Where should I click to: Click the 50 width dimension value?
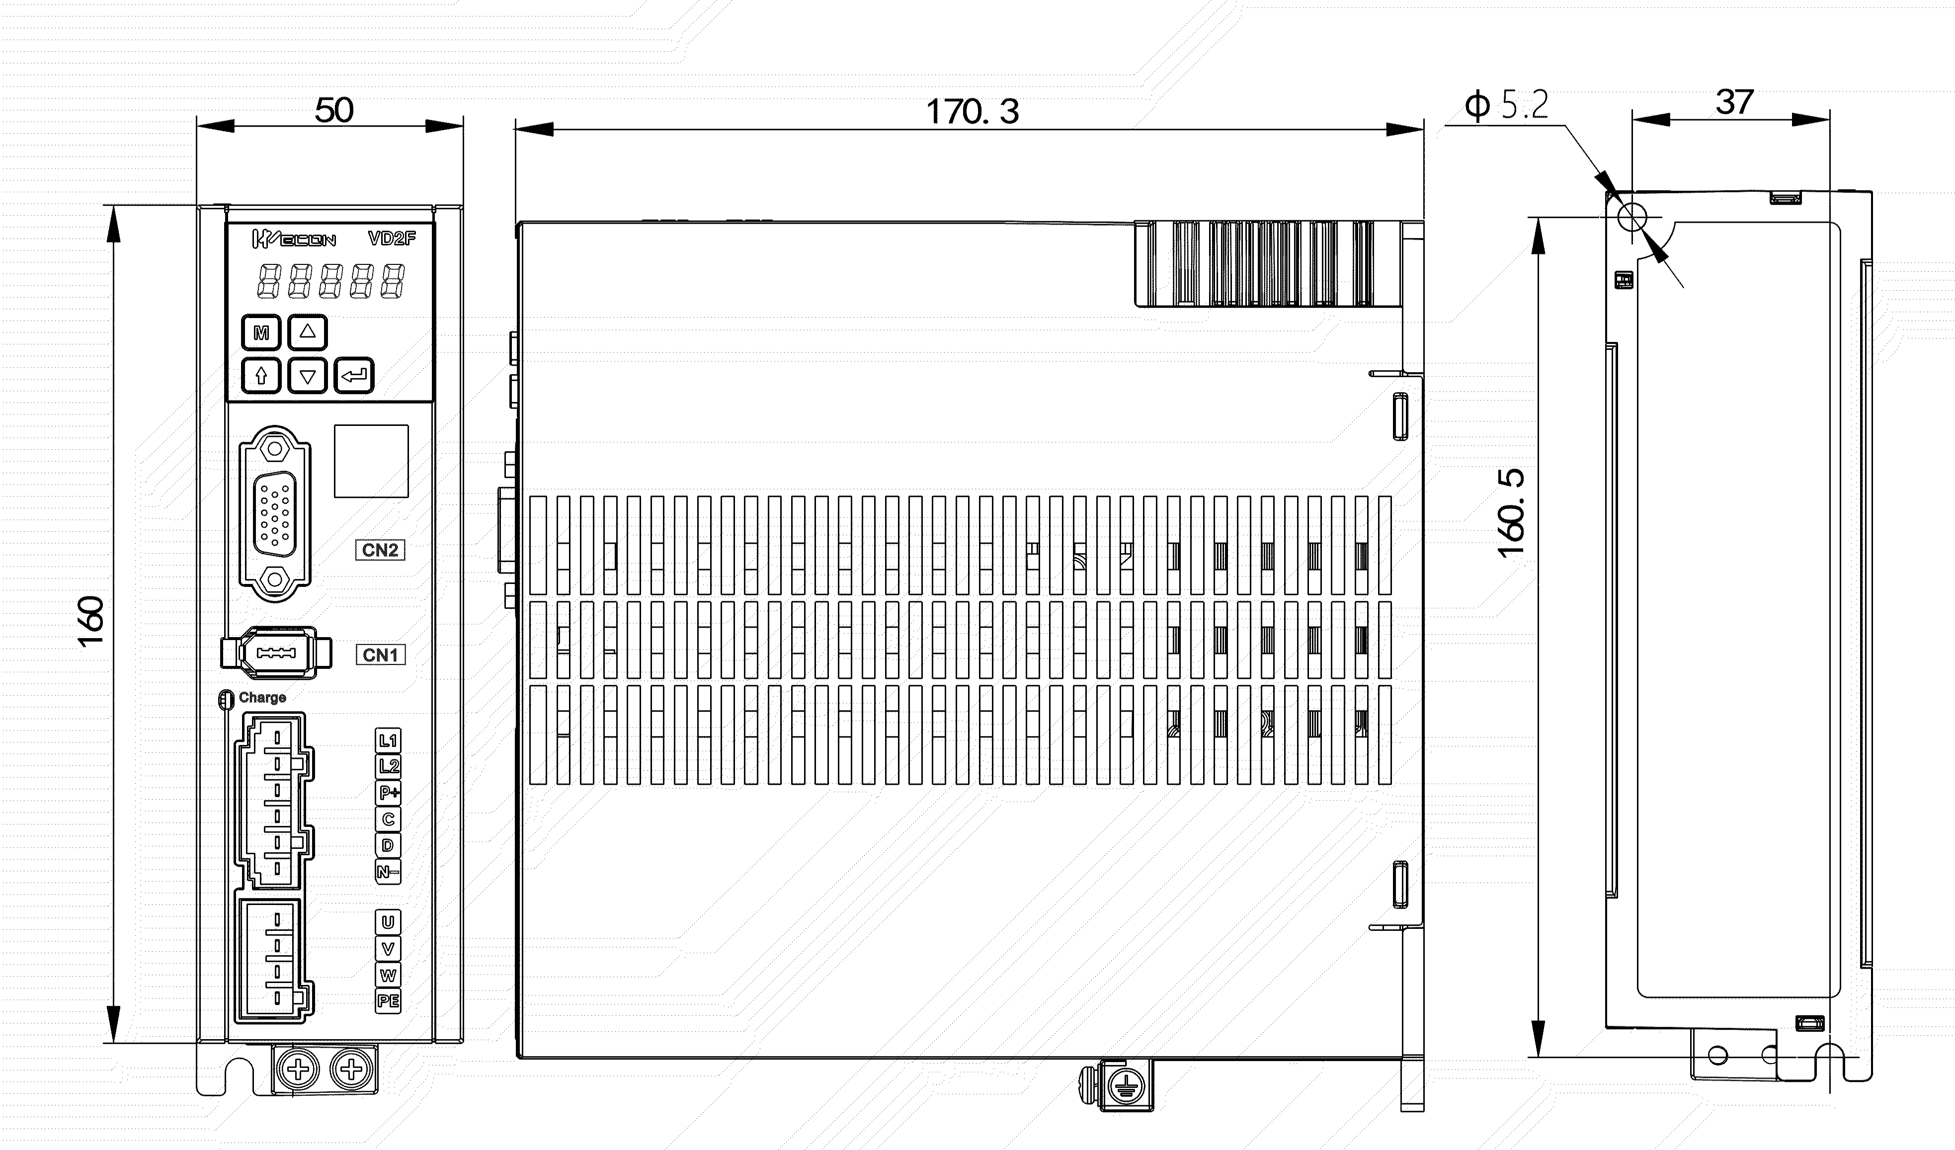coord(334,110)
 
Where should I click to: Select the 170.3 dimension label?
coord(973,112)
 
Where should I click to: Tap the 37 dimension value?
coord(1735,102)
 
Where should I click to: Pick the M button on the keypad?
coord(261,333)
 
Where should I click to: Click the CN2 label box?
coord(380,550)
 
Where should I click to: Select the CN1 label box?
coord(380,655)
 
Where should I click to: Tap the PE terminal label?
coord(388,1001)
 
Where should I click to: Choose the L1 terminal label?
coord(388,740)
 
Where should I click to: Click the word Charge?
coord(262,698)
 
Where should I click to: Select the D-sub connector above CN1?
coord(275,514)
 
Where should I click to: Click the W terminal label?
coord(388,976)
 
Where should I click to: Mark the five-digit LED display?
coord(331,281)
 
